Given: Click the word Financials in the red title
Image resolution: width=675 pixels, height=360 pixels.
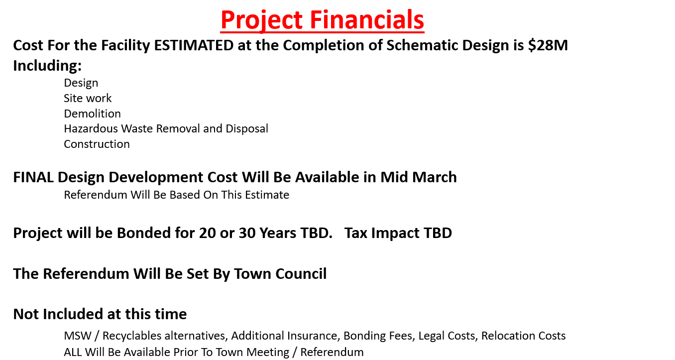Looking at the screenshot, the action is click(x=367, y=20).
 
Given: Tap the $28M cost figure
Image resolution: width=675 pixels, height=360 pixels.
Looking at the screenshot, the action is click(x=548, y=45).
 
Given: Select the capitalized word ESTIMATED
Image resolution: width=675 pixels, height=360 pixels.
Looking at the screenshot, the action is click(x=194, y=45).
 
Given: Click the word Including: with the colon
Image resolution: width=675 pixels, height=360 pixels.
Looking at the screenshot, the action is click(x=47, y=66).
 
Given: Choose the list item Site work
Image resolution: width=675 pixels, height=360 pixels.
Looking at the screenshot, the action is click(x=88, y=98).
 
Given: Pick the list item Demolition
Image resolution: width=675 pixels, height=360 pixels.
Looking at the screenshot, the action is click(x=92, y=114).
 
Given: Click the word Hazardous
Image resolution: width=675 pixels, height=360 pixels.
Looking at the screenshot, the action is click(x=91, y=129).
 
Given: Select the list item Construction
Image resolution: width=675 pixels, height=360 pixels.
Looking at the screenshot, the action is click(x=97, y=144).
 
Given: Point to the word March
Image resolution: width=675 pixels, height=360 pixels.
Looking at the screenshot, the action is click(x=434, y=177).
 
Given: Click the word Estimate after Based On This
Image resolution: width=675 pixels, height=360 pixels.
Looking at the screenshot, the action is click(x=267, y=195).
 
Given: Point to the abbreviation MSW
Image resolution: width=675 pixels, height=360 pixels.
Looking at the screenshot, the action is click(x=78, y=336).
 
